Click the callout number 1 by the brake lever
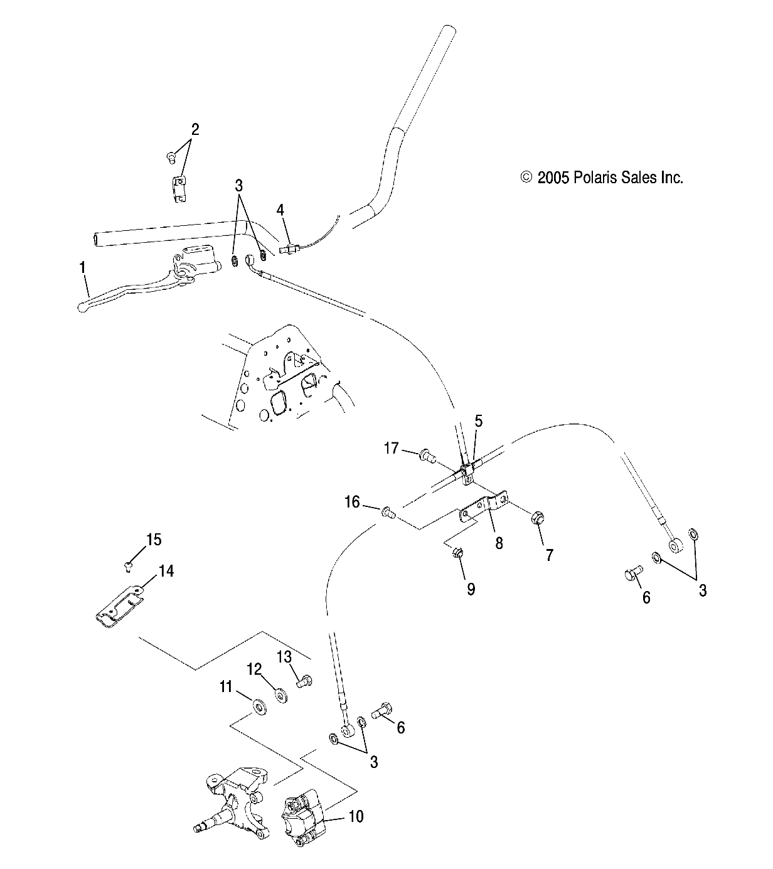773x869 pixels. click(82, 267)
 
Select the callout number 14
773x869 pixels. click(166, 571)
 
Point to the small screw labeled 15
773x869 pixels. click(129, 566)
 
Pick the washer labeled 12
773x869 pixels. click(280, 696)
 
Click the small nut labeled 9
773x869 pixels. click(457, 553)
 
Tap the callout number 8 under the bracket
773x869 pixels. click(499, 543)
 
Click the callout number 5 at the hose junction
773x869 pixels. click(478, 421)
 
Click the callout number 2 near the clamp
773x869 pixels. click(195, 130)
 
